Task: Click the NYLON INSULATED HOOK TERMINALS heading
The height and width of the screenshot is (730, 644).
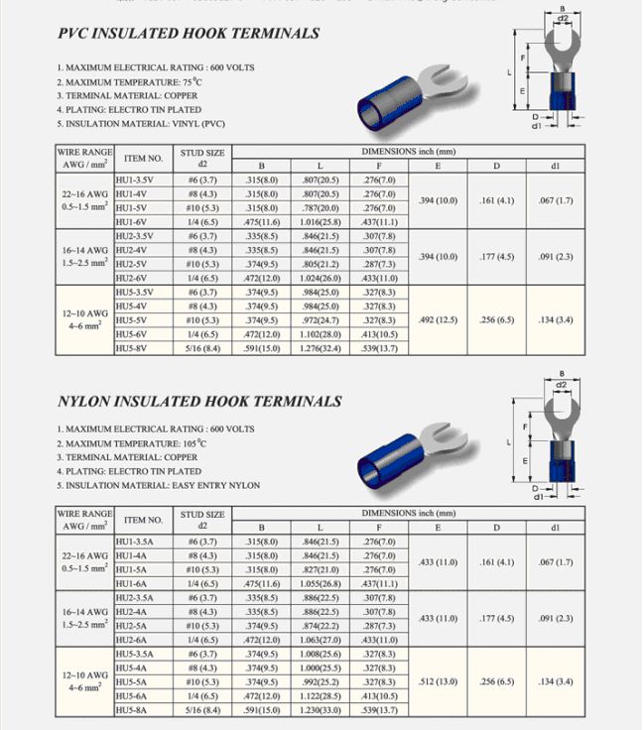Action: point(199,402)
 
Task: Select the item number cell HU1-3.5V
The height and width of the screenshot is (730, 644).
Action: point(134,181)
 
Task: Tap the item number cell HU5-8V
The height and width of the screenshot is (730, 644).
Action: point(132,348)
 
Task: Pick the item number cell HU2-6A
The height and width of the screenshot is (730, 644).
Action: point(133,640)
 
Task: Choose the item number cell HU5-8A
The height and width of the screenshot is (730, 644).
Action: point(133,710)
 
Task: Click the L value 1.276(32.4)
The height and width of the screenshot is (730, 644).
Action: point(320,348)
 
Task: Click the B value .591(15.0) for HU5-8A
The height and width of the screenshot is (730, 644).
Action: point(261,710)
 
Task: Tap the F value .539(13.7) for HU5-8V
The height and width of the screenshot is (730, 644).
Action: point(379,348)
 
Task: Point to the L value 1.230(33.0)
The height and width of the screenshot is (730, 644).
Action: point(320,710)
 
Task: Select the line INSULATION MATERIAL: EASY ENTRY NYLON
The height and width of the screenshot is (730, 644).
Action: point(159,486)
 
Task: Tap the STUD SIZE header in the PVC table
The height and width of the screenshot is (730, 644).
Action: point(202,158)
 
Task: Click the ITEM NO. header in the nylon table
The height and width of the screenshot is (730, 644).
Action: point(144,520)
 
